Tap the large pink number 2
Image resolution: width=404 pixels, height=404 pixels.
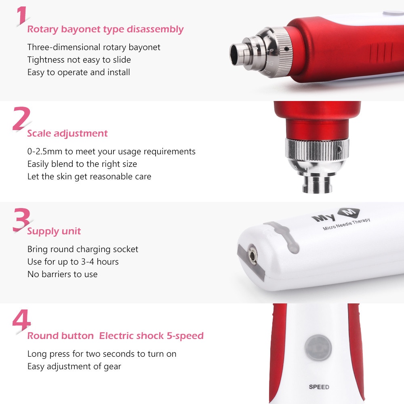(x=21, y=118)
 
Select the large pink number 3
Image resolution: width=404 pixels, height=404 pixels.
(x=21, y=220)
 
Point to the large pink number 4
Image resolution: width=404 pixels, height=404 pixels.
(x=22, y=320)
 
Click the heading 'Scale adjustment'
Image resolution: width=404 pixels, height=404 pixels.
(x=67, y=133)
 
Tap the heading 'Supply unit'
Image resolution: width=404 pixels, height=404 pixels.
(x=54, y=231)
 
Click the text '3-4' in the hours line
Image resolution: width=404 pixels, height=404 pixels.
(x=88, y=262)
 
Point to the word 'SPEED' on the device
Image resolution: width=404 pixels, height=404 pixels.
(x=319, y=387)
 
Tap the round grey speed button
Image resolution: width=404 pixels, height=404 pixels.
(x=318, y=347)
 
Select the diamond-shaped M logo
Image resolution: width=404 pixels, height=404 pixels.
(x=349, y=213)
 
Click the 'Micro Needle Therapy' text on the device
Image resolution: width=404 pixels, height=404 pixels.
(x=347, y=224)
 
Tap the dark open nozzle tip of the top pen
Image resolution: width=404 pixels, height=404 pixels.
(x=235, y=54)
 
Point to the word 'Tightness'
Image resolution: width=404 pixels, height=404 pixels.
(x=46, y=60)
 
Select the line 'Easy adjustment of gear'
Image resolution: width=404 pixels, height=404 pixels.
(x=74, y=366)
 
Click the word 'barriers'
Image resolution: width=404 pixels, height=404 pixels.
(x=57, y=274)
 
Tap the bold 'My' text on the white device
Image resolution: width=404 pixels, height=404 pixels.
(x=324, y=218)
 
